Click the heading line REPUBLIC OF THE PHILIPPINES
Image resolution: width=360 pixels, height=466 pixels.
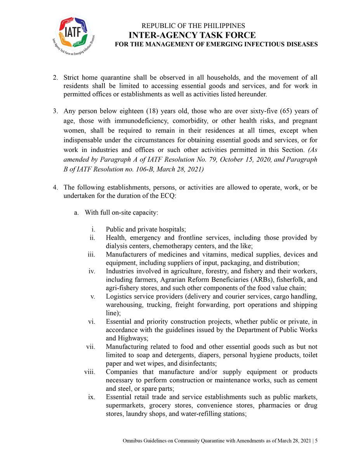coord(193,26)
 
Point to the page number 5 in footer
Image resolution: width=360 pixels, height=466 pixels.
coord(316,441)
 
